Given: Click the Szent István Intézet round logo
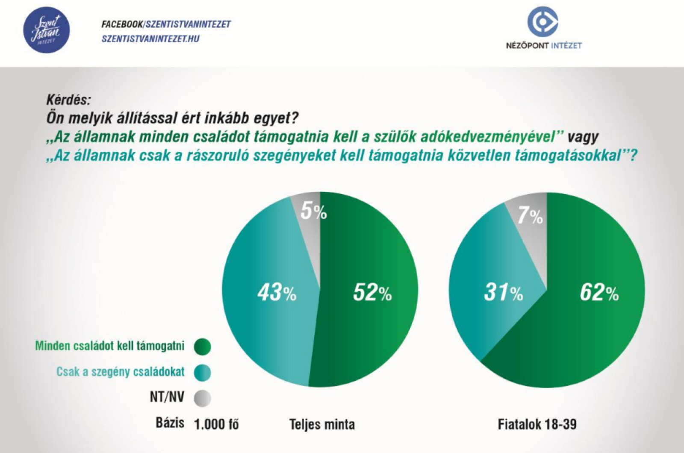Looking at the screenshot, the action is (47, 30).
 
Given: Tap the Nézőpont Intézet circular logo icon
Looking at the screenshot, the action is (543, 22).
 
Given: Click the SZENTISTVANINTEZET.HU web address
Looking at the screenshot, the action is (150, 39).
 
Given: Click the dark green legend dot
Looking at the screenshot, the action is (202, 347).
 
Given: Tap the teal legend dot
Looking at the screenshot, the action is (202, 372).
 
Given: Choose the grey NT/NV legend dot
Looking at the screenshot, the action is (202, 398).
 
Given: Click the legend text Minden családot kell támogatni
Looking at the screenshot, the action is (110, 346).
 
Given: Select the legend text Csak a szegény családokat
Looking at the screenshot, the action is (121, 372).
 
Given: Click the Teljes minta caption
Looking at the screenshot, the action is (322, 424).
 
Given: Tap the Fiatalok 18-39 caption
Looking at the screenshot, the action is (537, 424).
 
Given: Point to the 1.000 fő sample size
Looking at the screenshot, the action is (216, 424).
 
